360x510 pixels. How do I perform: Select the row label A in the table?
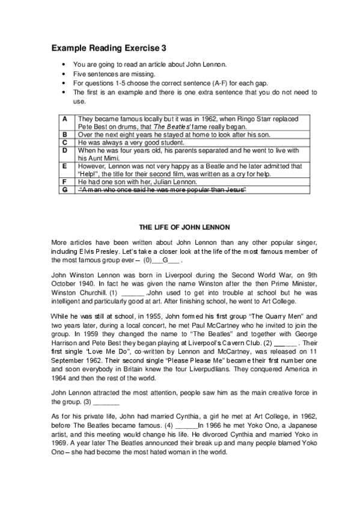pyautogui.click(x=65, y=119)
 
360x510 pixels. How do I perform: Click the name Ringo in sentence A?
pyautogui.click(x=256, y=119)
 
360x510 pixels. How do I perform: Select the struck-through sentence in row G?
pyautogui.click(x=163, y=189)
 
